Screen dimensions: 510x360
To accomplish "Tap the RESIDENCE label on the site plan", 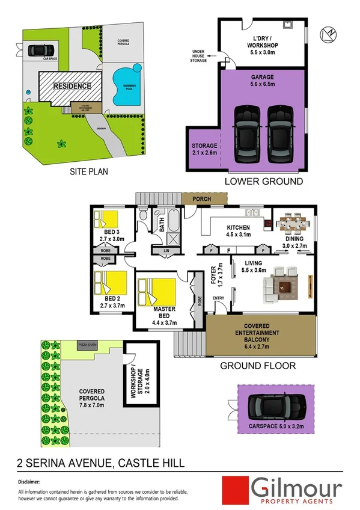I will [72, 86].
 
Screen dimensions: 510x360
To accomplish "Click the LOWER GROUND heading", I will [263, 181].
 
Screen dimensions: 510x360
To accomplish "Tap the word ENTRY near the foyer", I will [218, 298].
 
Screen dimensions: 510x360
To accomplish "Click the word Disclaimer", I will [28, 482].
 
